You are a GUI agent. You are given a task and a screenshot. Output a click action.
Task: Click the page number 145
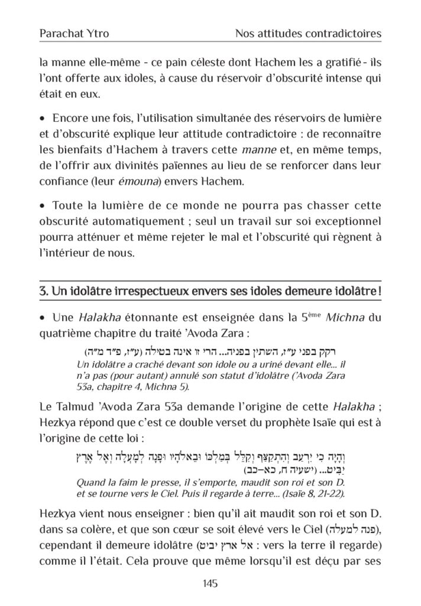(x=210, y=584)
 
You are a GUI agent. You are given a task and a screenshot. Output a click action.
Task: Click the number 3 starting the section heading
(x=43, y=292)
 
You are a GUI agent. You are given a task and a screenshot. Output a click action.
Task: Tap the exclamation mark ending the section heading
(x=378, y=292)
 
